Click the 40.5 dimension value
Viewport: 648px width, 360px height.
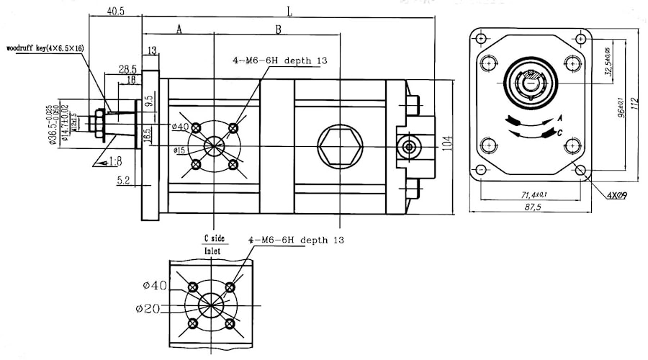tap(115, 12)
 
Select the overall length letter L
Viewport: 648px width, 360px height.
tap(289, 11)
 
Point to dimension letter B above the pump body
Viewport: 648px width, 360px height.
tap(278, 29)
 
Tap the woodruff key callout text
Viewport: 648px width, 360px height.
tap(45, 48)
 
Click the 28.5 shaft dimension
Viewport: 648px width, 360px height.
tap(127, 69)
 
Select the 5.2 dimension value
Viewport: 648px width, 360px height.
tap(123, 181)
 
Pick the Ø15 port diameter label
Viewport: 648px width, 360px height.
tap(180, 150)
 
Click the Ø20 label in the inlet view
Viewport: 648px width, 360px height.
tap(147, 309)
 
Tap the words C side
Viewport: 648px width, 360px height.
tap(213, 238)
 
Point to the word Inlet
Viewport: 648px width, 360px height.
tap(212, 251)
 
